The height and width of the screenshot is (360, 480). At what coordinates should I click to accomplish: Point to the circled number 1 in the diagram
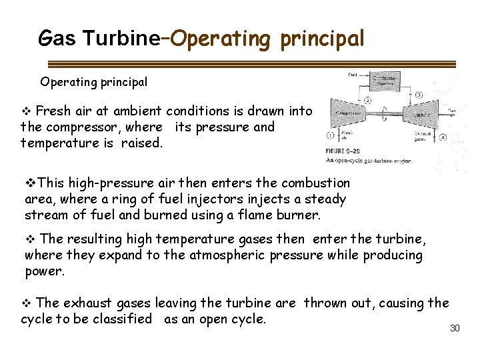point(330,135)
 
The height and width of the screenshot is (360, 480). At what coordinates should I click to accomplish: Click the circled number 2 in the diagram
point(367,100)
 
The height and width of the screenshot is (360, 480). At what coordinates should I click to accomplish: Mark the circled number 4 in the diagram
point(443,138)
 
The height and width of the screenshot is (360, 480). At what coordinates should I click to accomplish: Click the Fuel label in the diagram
point(353,75)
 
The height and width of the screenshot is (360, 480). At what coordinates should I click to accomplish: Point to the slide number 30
point(455,328)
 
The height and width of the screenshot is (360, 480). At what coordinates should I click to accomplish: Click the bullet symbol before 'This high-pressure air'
point(29,183)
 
